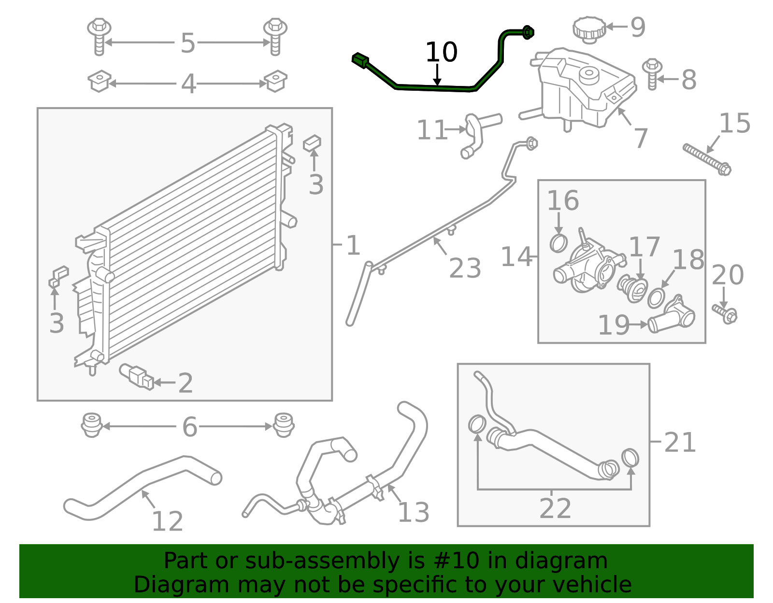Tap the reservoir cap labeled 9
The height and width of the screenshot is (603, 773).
(589, 29)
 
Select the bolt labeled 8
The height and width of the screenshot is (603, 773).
(652, 74)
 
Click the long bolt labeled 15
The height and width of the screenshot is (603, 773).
(707, 158)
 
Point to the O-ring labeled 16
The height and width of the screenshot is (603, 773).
(558, 243)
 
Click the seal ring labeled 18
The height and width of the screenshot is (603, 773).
(656, 298)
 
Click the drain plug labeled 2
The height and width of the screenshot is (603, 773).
(136, 377)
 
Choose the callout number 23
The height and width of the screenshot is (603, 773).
(465, 268)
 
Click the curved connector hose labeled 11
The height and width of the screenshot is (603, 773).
(473, 136)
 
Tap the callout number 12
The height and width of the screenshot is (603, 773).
(167, 521)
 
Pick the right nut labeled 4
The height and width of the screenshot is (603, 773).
(275, 81)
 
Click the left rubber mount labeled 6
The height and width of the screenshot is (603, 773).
(91, 425)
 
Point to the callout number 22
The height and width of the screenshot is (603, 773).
(555, 508)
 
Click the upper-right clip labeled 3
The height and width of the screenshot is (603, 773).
(312, 143)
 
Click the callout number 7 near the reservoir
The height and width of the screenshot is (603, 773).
(640, 139)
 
